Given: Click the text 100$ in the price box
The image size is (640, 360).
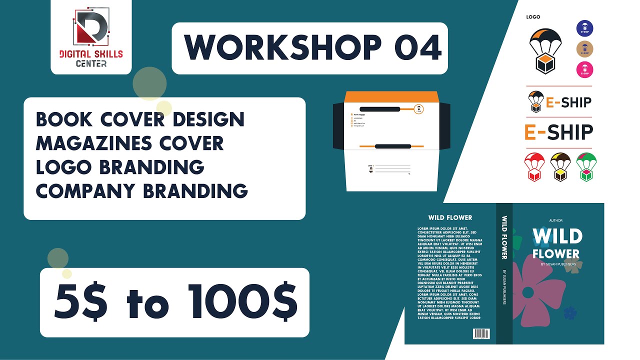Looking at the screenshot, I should pos(244,302).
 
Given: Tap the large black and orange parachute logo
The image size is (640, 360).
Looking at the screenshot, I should pos(545,50).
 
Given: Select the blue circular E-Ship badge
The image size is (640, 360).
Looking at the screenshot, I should pos(584,28).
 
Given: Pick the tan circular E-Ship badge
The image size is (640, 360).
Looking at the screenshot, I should pos(584,49).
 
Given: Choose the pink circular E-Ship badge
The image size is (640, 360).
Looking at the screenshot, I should pos(584,69).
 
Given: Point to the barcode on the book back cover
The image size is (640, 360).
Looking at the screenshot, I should pos(481,334).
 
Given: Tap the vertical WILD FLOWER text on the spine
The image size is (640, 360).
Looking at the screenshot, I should pos(504,237).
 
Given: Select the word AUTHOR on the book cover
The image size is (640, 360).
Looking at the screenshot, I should pos(555,220).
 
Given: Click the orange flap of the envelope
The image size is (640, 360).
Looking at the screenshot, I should pos(392,97).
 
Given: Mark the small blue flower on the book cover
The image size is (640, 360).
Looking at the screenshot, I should pos(570,313).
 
